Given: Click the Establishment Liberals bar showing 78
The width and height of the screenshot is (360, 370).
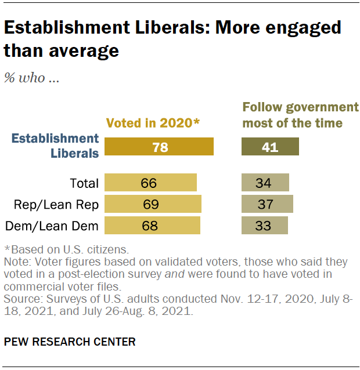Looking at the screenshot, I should click(x=159, y=147).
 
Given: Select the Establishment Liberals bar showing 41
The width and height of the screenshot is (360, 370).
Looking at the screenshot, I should click(x=270, y=147).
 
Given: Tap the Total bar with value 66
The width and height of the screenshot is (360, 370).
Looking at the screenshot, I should click(x=150, y=183).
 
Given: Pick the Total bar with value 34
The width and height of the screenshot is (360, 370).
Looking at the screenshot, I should click(x=265, y=183).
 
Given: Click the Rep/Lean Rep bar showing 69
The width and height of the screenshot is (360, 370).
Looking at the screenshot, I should click(x=153, y=204).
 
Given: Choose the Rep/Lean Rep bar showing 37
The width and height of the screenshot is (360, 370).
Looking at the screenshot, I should click(x=267, y=204).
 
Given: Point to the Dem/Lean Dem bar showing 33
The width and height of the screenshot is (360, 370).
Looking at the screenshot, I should click(x=264, y=225).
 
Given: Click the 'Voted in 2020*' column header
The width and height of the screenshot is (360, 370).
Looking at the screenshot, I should click(x=152, y=122).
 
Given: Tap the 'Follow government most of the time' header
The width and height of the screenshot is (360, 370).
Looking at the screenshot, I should click(x=300, y=115).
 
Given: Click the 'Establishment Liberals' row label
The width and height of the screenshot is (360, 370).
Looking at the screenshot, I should click(x=56, y=146).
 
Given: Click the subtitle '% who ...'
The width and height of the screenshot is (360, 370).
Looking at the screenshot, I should click(x=31, y=78).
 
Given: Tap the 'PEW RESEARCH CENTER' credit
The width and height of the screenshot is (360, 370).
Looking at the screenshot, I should click(x=70, y=342).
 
